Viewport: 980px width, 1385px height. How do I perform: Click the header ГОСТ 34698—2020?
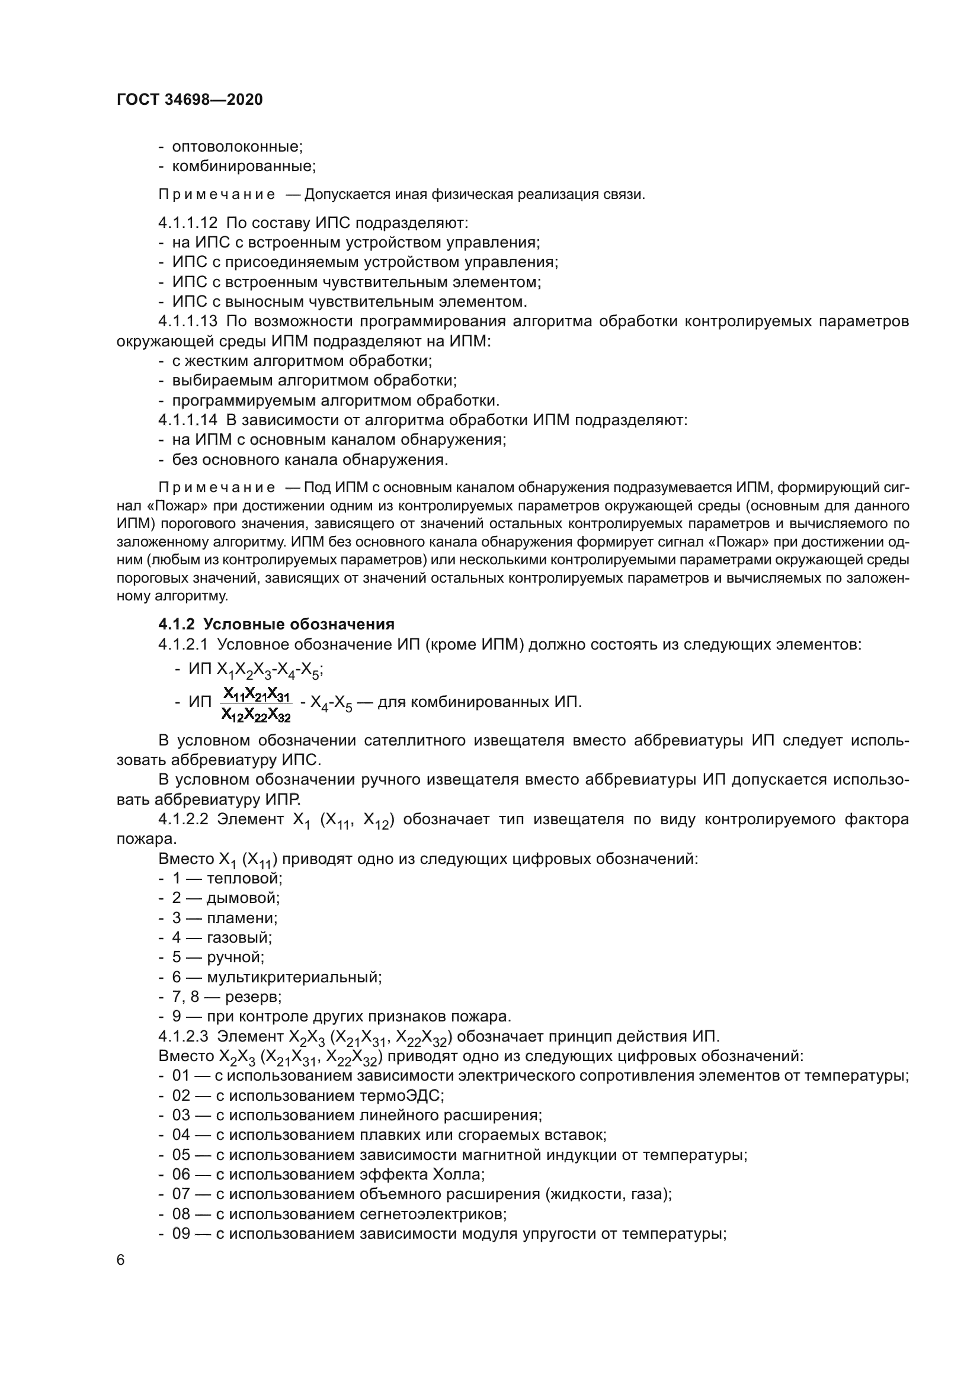tap(190, 100)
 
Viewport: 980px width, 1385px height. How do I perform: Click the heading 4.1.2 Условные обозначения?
tap(276, 624)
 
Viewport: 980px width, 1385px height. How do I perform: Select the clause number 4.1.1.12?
tap(188, 223)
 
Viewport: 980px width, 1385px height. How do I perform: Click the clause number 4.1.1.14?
tap(188, 420)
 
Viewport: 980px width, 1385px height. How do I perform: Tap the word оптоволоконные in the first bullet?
tap(237, 147)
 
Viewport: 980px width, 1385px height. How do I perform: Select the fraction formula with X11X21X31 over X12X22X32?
tap(256, 705)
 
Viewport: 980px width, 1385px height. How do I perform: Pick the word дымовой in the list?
tap(243, 898)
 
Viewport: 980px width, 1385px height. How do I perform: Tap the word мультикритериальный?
tap(294, 976)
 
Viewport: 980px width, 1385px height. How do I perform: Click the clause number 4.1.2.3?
tap(184, 1036)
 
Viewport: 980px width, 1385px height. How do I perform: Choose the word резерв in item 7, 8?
tap(253, 997)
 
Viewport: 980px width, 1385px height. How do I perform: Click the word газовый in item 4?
tap(239, 937)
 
